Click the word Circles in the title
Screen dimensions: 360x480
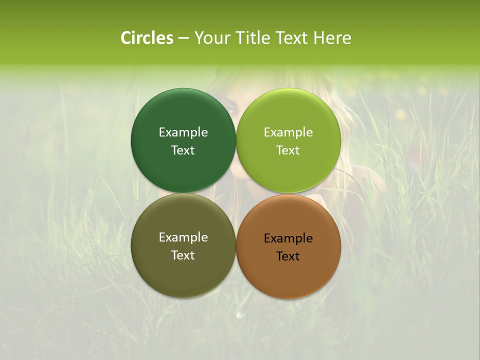point(147,38)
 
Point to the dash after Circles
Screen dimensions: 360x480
point(183,38)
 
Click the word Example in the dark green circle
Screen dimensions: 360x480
point(183,132)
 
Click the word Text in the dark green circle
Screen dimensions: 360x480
point(183,150)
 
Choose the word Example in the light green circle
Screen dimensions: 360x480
point(288,132)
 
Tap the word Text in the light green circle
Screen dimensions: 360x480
point(288,150)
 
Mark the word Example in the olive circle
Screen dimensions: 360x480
point(183,237)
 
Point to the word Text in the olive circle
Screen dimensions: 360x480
point(183,255)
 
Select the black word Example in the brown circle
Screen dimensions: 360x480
point(288,238)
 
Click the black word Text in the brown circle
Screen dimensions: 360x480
point(288,256)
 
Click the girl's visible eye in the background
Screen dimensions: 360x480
point(229,105)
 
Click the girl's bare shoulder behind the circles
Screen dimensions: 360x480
point(367,180)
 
